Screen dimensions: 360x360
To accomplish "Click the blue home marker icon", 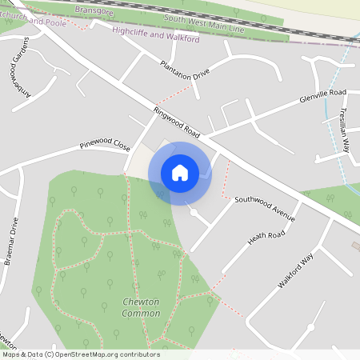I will (x=180, y=173).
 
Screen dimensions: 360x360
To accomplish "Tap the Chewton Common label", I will (x=141, y=307).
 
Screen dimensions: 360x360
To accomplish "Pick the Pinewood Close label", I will (x=104, y=146).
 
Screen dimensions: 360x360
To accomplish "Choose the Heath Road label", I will (x=266, y=235).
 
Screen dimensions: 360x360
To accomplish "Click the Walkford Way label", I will (x=294, y=271).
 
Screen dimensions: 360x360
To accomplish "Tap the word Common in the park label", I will (x=141, y=314).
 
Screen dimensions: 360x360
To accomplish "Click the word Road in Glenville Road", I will (x=335, y=94).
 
